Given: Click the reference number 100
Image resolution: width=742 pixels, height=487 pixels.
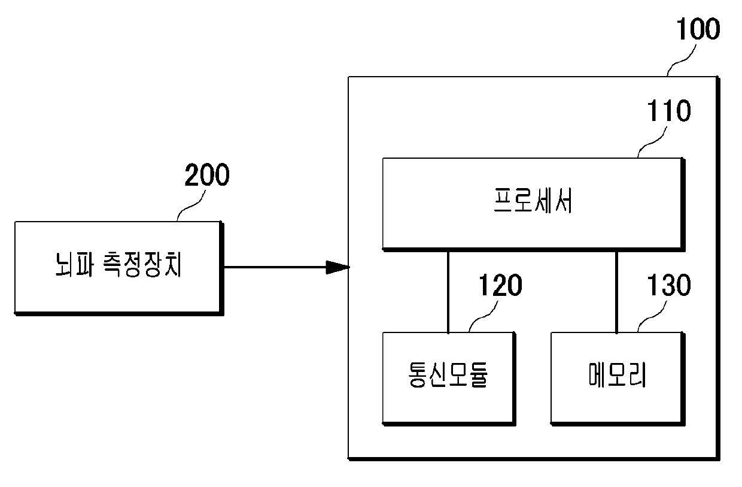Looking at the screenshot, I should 697,29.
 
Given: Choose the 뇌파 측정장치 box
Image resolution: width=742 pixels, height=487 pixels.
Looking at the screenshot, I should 117,267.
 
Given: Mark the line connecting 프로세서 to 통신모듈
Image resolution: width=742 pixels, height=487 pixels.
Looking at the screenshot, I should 448,291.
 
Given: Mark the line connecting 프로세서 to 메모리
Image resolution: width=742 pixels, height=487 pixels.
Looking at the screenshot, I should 616,291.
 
